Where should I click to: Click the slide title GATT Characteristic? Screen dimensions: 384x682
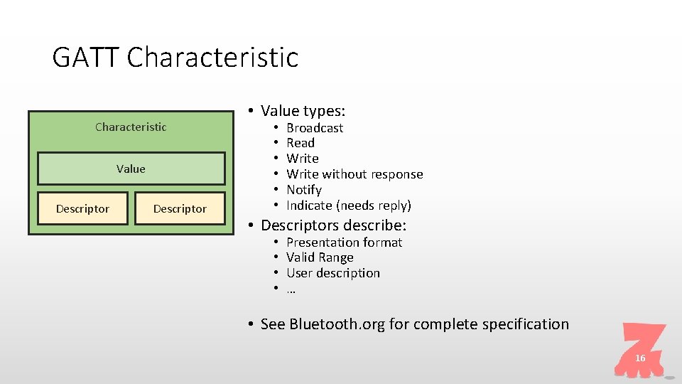point(175,57)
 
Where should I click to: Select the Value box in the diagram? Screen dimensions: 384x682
point(131,169)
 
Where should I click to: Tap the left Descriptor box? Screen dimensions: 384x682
point(82,208)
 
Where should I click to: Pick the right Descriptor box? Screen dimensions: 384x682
point(180,208)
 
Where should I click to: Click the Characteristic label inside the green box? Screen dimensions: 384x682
point(131,127)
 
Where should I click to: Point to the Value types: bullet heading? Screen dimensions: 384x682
point(303,111)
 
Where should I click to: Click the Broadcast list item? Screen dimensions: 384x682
point(314,128)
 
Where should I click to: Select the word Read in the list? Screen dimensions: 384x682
point(300,143)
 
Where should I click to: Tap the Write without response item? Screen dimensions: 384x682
point(354,174)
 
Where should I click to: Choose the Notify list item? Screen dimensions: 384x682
point(303,190)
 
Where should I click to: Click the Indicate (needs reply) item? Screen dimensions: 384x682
point(348,206)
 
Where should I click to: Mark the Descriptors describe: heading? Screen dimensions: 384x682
point(333,225)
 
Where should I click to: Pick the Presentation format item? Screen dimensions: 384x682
point(344,242)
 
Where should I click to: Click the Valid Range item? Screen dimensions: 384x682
point(320,257)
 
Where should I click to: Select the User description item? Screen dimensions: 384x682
point(332,273)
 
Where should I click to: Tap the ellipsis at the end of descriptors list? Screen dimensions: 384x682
point(291,289)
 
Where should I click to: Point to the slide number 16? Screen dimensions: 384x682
point(640,358)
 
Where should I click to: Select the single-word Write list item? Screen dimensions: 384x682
point(302,159)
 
